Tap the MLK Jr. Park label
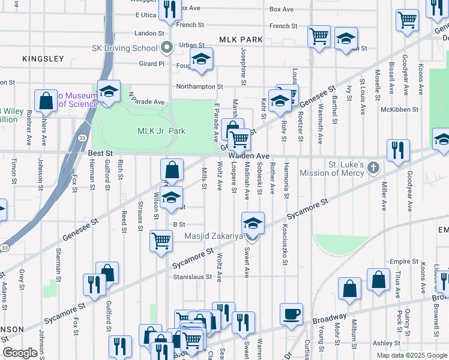161,131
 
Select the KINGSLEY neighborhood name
43,59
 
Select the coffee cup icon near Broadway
291,314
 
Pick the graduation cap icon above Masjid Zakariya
253,223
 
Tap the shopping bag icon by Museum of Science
46,101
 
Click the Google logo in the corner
20,353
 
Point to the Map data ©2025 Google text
412,355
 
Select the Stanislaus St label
193,277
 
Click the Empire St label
403,262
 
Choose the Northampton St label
199,87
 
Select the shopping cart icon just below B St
161,241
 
